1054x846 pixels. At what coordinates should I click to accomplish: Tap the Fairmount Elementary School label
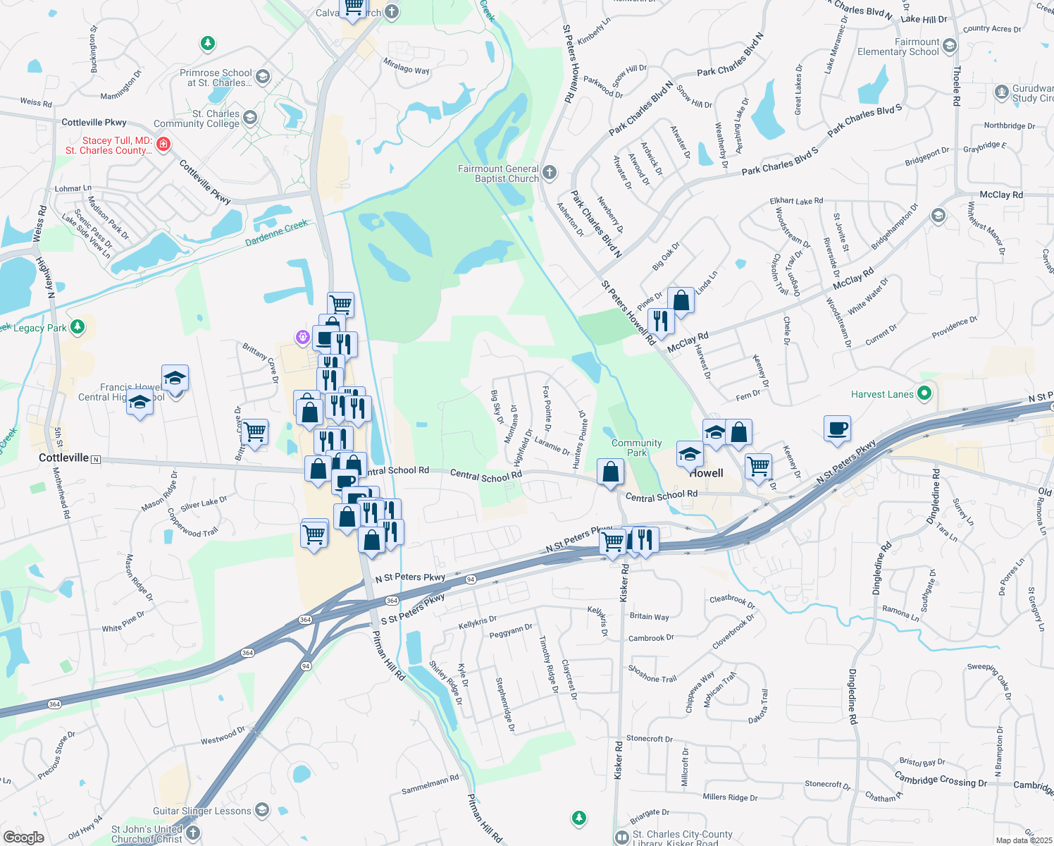point(898,47)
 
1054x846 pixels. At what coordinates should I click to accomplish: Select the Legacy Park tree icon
point(77,326)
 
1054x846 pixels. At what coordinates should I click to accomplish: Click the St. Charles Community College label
point(197,118)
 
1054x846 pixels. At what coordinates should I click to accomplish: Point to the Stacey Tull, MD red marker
point(163,145)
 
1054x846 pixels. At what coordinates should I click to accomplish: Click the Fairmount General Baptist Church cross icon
point(550,172)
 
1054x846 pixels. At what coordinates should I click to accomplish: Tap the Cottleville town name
point(64,458)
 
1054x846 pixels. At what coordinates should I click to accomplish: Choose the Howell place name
point(706,473)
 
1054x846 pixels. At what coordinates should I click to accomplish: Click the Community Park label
point(636,448)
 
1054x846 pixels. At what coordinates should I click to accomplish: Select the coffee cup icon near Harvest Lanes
point(837,429)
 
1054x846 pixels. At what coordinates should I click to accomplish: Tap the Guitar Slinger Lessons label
point(202,811)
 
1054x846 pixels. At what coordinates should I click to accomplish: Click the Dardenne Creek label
point(276,233)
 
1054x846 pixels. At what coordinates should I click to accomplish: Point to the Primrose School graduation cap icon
point(262,77)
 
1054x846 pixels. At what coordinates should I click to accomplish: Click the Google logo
point(23,838)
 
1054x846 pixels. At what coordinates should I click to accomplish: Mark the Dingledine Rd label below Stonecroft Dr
point(852,697)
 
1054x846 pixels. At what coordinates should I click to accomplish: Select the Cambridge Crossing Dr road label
point(941,779)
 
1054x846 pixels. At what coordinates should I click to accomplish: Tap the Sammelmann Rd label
point(430,785)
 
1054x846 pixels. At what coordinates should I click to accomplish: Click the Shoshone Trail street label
point(652,674)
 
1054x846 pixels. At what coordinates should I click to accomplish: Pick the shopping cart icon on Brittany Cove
point(255,431)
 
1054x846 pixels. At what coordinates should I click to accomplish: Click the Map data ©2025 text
point(1024,840)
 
